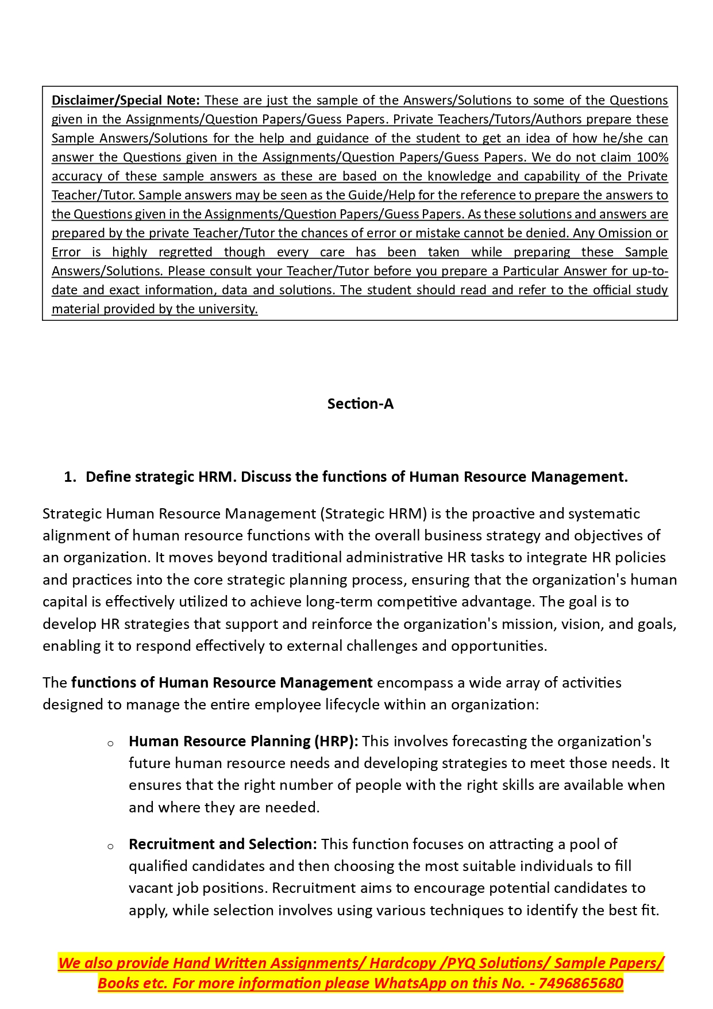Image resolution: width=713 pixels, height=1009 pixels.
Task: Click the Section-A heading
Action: tap(360, 404)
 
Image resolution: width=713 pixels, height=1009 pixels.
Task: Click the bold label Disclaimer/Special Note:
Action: tap(125, 101)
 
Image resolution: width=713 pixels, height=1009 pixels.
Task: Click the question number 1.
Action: tap(70, 477)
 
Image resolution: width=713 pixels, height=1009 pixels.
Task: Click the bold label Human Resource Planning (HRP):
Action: tap(243, 742)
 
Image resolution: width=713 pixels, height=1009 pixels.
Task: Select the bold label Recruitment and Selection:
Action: tap(222, 845)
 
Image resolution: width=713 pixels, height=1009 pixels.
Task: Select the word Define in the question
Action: tap(108, 477)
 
